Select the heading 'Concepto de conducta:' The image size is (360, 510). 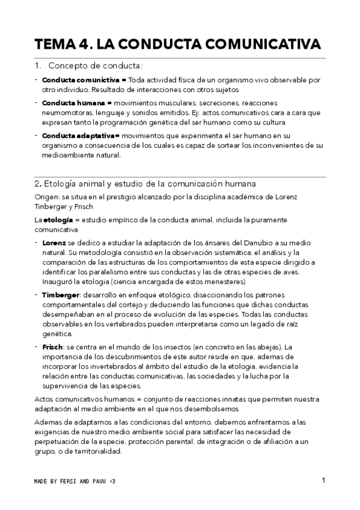[95, 65]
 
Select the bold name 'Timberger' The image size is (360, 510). [60, 295]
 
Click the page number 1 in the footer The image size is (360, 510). [323, 480]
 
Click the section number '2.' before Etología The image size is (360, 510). [37, 183]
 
